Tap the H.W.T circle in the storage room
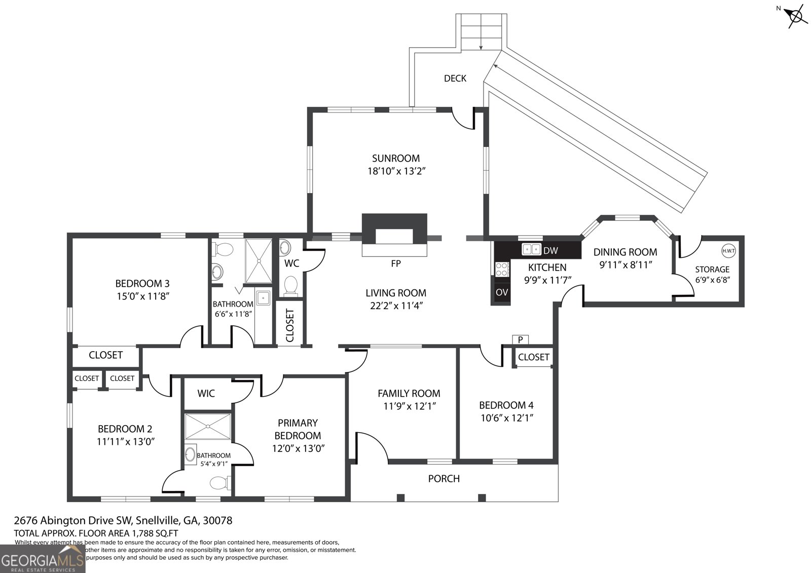coord(728,251)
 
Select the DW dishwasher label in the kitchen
coord(550,250)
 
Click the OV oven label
coord(502,292)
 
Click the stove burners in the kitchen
coord(502,269)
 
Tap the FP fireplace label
coord(396,263)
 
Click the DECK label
coord(455,78)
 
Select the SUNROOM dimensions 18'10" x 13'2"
coord(396,171)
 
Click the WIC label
coord(206,393)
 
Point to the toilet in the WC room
coord(290,285)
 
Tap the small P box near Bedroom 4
coord(520,340)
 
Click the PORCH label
coord(444,478)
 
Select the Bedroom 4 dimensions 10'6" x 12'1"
coord(506,418)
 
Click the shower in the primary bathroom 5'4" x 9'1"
coord(208,426)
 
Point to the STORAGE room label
coord(712,269)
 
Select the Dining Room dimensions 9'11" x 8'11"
coord(625,264)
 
